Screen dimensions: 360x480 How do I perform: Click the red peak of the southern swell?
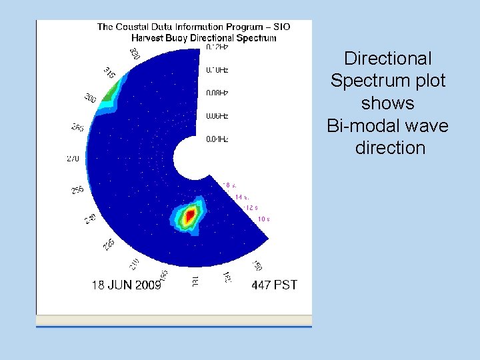190,215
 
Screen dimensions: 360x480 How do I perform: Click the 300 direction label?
90,99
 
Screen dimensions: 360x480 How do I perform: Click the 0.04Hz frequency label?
217,139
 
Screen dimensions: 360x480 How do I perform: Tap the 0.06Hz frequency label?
217,115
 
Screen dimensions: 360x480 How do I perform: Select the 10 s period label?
263,219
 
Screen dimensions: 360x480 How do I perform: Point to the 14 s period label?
243,197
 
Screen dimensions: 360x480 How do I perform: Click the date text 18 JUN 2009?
126,285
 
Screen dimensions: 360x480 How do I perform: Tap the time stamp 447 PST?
275,285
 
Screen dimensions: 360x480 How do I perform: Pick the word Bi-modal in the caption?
361,125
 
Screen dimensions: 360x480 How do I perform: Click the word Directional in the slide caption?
388,59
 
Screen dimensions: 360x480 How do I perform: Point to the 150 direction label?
257,266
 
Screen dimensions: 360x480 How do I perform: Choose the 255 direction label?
77,190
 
